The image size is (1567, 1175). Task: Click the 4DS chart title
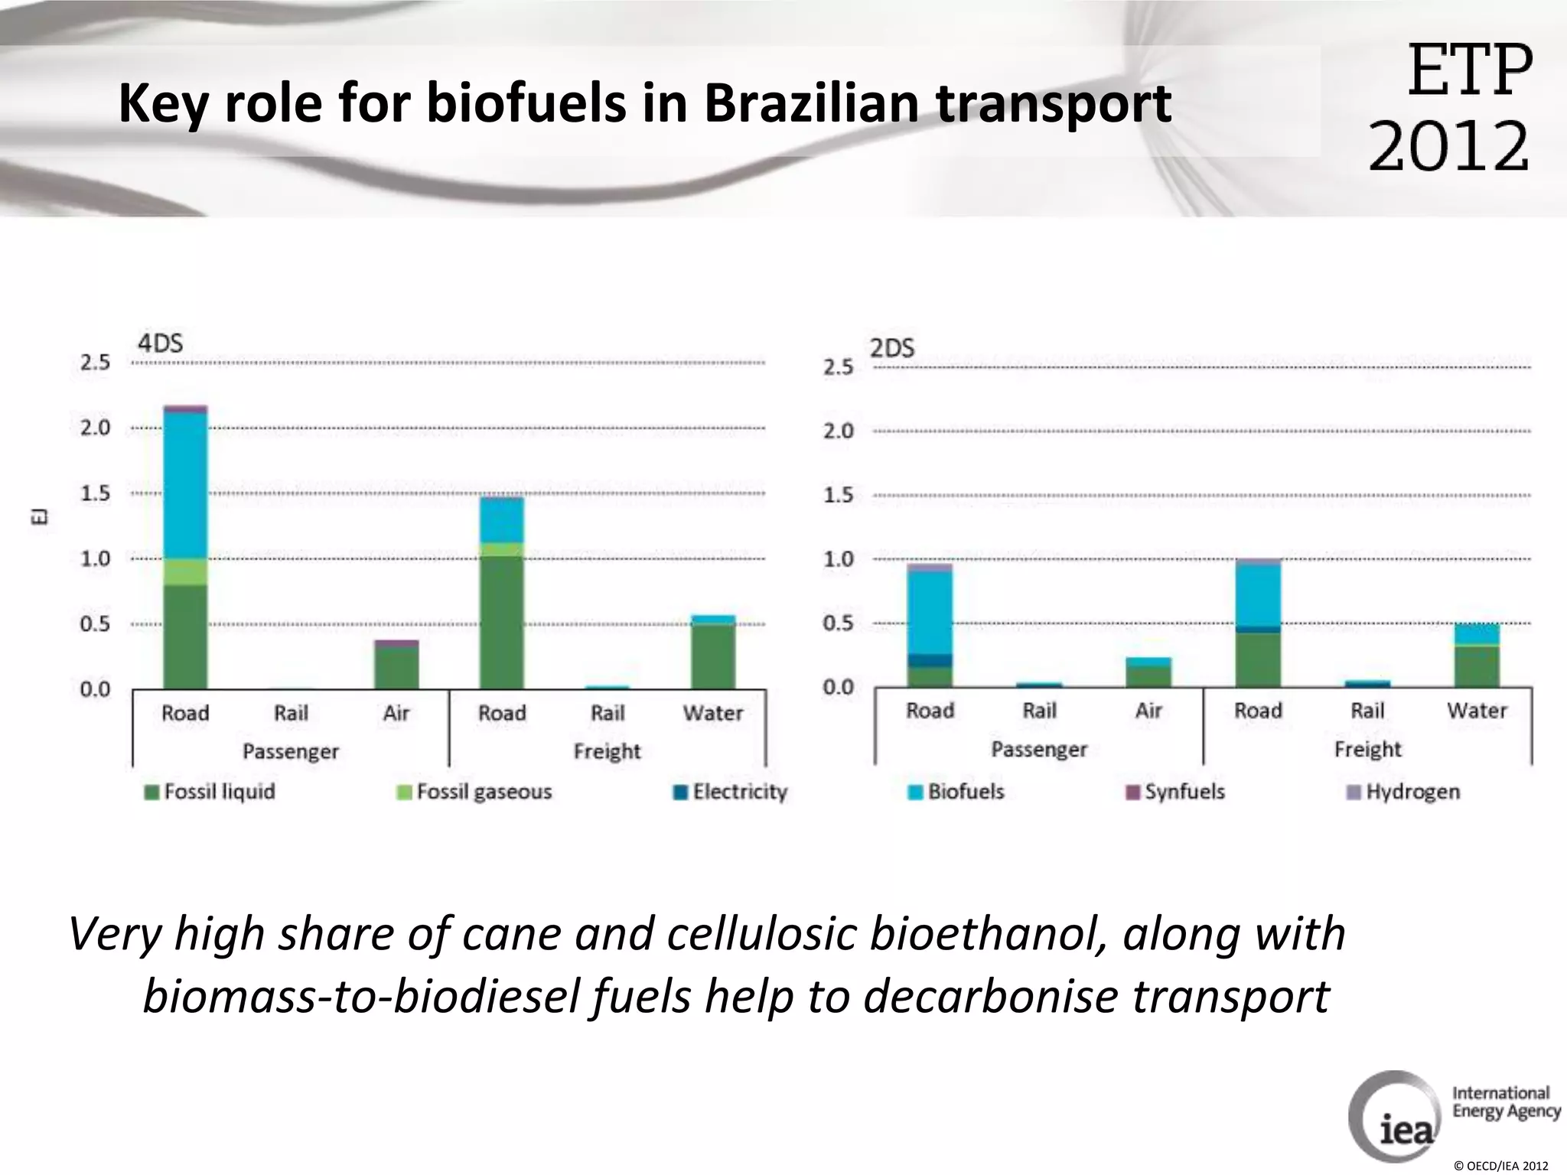(x=160, y=343)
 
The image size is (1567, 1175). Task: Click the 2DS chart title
(x=892, y=349)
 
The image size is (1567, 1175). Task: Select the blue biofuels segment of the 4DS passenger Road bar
(x=185, y=486)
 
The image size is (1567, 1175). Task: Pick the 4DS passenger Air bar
(x=396, y=665)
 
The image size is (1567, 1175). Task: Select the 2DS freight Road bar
(x=1259, y=623)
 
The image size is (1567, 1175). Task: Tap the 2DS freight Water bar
(x=1477, y=656)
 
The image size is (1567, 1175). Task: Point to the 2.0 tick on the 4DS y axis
(x=96, y=428)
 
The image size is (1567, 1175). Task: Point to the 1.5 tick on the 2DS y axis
(x=838, y=495)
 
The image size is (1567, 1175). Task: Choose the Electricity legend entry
(x=730, y=792)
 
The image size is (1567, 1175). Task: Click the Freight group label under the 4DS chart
(x=608, y=751)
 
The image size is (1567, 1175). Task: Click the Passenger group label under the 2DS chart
(x=1039, y=749)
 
